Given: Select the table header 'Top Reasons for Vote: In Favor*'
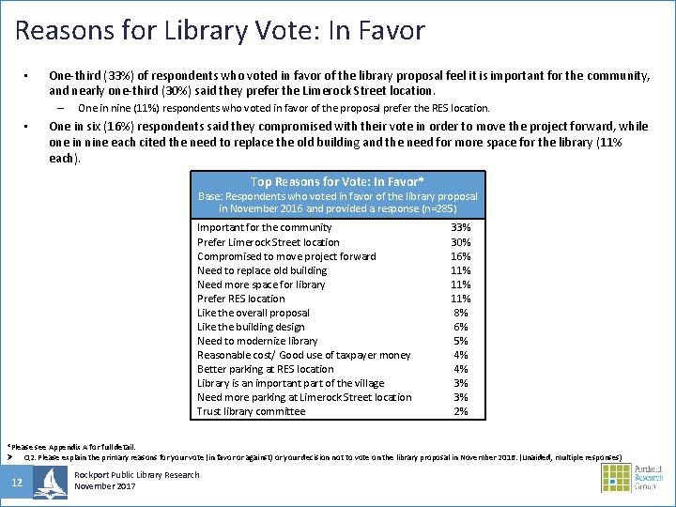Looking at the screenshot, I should click(x=337, y=181).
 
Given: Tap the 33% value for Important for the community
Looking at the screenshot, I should click(x=461, y=227).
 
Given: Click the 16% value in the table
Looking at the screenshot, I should click(x=461, y=256).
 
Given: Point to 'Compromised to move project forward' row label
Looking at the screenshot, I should click(x=286, y=256).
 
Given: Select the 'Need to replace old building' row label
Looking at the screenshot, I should click(x=262, y=270).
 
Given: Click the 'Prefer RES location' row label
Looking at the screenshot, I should click(x=241, y=299).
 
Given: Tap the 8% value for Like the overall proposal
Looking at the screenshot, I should click(x=461, y=313).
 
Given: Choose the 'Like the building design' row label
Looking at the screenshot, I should click(x=251, y=327).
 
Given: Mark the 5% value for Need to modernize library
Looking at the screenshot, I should click(x=461, y=341).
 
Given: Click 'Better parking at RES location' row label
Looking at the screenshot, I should click(x=266, y=369).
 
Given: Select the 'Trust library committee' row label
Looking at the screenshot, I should click(x=251, y=411).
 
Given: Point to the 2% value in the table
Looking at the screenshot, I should click(x=461, y=411).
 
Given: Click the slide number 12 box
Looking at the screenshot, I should click(x=17, y=483).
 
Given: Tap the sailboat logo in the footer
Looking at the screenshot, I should click(x=50, y=482).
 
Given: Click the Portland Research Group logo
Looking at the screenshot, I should click(x=631, y=478).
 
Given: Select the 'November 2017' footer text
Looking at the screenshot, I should click(x=106, y=486).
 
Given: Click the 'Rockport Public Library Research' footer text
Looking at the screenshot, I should click(x=137, y=475).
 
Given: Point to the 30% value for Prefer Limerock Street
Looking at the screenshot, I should click(x=461, y=242).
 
